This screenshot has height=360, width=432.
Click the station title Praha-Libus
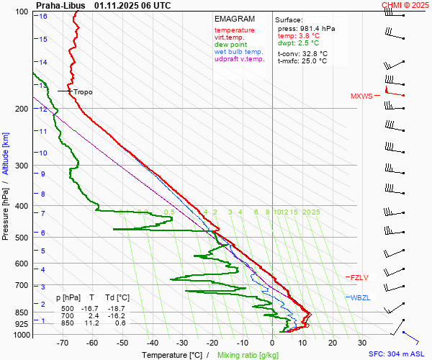[60, 5]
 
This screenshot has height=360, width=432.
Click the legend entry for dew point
[230, 45]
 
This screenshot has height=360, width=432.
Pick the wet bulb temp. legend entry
[239, 52]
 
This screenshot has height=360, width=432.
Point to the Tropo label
[83, 92]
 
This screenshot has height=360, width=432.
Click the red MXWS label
[361, 96]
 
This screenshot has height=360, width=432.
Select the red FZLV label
[360, 277]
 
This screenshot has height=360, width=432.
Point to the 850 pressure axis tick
[22, 312]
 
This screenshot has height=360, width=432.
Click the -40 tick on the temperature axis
[153, 343]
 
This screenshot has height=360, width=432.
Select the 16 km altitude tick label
[43, 17]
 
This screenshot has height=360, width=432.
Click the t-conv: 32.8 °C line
[302, 53]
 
